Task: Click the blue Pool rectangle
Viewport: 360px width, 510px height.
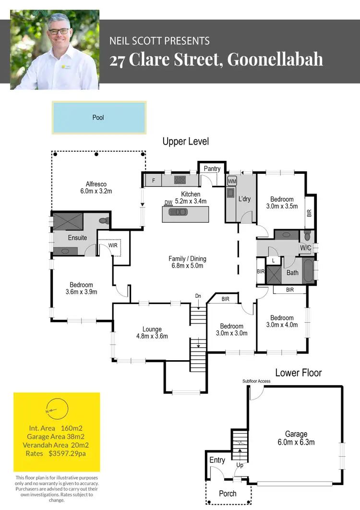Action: point(98,117)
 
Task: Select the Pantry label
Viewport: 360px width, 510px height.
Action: point(212,169)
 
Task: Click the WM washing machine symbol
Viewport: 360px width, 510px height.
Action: point(232,182)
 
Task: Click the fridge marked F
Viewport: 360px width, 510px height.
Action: point(153,181)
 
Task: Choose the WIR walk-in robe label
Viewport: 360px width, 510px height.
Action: point(113,245)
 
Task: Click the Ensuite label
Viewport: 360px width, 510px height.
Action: point(77,238)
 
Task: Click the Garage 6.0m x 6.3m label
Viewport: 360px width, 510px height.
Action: point(296,438)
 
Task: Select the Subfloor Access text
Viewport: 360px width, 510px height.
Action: point(256,381)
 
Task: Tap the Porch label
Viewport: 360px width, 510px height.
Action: point(228,493)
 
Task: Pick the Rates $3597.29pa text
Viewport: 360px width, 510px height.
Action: point(57,453)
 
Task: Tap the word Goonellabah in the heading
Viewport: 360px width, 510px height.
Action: point(275,60)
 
